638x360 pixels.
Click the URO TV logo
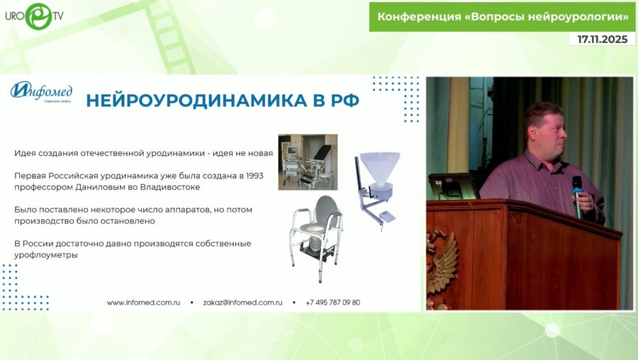pos(35,15)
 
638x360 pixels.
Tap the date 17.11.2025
pos(602,40)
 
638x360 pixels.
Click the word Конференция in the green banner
pos(419,16)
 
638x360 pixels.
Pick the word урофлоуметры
pos(45,254)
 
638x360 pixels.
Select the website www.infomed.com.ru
pos(143,302)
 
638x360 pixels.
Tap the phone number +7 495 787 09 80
pos(332,302)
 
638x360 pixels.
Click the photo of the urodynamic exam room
pos(307,162)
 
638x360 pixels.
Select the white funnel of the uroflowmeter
pos(380,167)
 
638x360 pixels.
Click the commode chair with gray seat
pos(316,230)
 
